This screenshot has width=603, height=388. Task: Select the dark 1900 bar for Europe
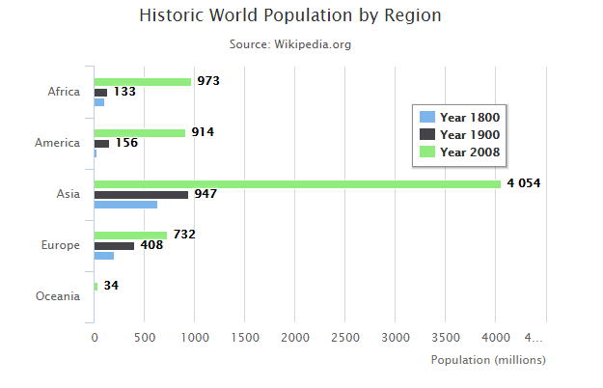pos(114,245)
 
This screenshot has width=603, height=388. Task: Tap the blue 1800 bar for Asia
pos(125,205)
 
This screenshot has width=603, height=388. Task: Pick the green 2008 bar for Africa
pos(142,81)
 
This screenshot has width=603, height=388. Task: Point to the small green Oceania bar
pos(96,286)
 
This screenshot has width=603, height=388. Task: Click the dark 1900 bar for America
pos(101,143)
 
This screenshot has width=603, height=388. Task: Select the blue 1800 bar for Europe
pos(103,256)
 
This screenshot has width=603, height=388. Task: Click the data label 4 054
pos(523,183)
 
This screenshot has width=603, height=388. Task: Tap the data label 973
pos(208,81)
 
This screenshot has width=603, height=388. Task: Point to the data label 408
pos(151,245)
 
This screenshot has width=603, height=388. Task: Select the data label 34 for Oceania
pos(111,286)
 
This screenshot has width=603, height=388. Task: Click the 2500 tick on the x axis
pos(345,337)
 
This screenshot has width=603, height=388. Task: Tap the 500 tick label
pos(145,337)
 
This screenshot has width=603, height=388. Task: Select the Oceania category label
pos(57,296)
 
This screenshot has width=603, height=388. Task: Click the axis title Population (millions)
pos(488,360)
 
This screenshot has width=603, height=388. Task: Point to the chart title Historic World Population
pos(290,16)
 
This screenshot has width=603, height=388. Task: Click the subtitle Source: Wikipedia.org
pos(290,44)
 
